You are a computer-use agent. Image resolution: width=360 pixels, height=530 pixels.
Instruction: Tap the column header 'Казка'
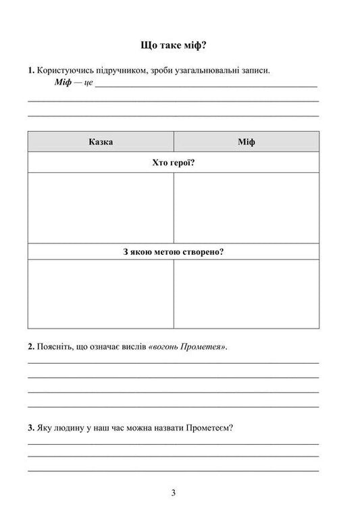pyautogui.click(x=101, y=142)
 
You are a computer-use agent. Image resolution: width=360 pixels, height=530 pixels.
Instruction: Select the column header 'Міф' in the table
pyautogui.click(x=247, y=142)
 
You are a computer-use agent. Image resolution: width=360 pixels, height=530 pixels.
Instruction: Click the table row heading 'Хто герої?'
pyautogui.click(x=174, y=163)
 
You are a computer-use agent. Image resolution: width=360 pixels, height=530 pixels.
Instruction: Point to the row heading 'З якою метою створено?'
pyautogui.click(x=174, y=251)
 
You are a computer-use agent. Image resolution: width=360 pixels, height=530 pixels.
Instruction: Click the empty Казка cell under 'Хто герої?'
pyautogui.click(x=101, y=207)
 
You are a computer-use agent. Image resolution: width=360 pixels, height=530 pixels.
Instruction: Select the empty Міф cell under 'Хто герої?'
pyautogui.click(x=247, y=207)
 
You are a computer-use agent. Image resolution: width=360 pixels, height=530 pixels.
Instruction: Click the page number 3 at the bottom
pyautogui.click(x=174, y=493)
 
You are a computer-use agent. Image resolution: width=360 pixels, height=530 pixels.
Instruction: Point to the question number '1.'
pyautogui.click(x=31, y=70)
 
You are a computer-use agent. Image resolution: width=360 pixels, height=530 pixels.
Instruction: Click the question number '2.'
pyautogui.click(x=31, y=347)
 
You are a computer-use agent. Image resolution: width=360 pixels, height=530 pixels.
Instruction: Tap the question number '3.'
pyautogui.click(x=31, y=428)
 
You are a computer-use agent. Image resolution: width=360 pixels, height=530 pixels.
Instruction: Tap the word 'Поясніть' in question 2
pyautogui.click(x=53, y=347)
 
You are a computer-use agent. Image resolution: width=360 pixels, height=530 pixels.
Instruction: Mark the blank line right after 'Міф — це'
pyautogui.click(x=206, y=86)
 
